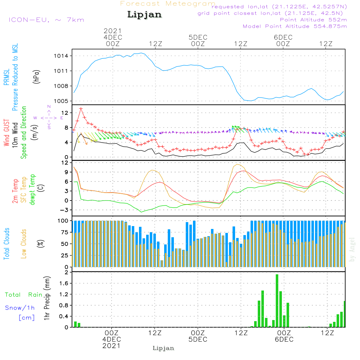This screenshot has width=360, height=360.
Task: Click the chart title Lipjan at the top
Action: (144, 15)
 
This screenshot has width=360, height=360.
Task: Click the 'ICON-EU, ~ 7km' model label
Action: (46, 20)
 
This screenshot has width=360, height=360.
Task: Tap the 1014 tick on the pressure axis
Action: (61, 56)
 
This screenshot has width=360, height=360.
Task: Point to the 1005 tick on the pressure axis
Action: (61, 101)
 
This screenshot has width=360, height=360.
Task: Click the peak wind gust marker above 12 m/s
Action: (81, 109)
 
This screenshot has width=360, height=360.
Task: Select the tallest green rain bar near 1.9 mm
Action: (277, 301)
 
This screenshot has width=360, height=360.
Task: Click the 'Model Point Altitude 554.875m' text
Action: (295, 26)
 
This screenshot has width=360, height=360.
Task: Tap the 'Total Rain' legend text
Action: (24, 294)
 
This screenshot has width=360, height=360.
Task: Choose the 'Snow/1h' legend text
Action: (20, 308)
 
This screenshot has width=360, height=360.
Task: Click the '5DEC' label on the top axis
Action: (198, 37)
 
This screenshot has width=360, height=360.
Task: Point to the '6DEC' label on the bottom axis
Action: (284, 339)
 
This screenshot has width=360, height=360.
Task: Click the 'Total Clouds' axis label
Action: (6, 244)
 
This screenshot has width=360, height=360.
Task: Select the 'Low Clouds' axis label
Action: (24, 244)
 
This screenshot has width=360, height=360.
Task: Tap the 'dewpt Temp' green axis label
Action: (32, 189)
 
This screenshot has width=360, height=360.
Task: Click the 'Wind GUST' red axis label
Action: (6, 132)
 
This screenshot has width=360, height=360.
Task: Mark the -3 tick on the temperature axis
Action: (64, 210)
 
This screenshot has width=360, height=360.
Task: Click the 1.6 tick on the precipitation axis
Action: (64, 283)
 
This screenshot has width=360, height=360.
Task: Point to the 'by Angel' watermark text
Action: (352, 249)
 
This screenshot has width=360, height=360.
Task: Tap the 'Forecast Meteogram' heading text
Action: (168, 4)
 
